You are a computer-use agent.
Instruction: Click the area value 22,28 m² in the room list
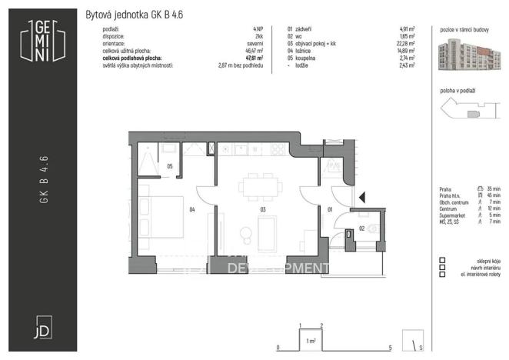point(405,43)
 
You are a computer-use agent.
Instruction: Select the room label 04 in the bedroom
point(193,208)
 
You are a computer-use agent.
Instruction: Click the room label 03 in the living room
point(262,208)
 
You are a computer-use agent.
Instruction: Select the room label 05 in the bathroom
point(169,165)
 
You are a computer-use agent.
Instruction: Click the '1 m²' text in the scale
point(311,339)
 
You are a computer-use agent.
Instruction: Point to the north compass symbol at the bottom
point(416,342)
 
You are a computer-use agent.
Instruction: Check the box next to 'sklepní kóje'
point(442,260)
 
